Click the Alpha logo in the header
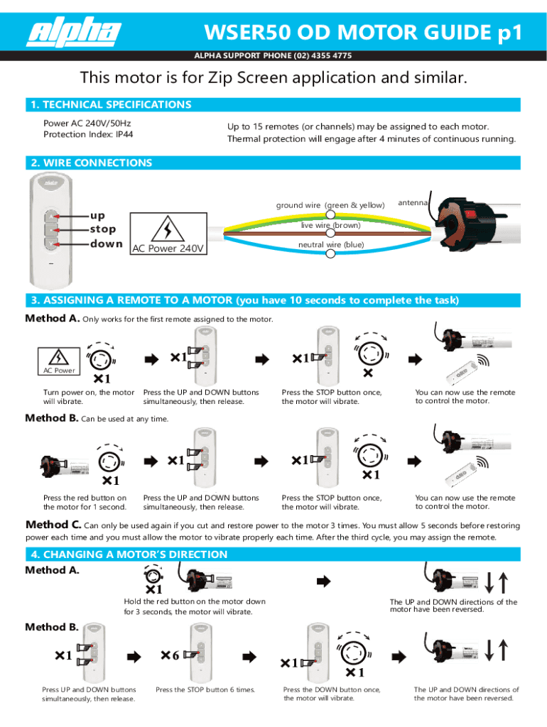pos(75,33)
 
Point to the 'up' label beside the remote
pos(97,215)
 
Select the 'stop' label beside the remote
pos(102,229)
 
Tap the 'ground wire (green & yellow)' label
pos(330,205)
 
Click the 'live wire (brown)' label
pos(330,225)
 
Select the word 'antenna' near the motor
pos(413,202)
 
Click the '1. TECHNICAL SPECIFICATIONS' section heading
pos(109,104)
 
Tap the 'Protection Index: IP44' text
pos(87,134)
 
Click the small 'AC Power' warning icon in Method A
pos(58,360)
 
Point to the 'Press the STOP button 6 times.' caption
pos(205,689)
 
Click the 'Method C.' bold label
pos(53,525)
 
